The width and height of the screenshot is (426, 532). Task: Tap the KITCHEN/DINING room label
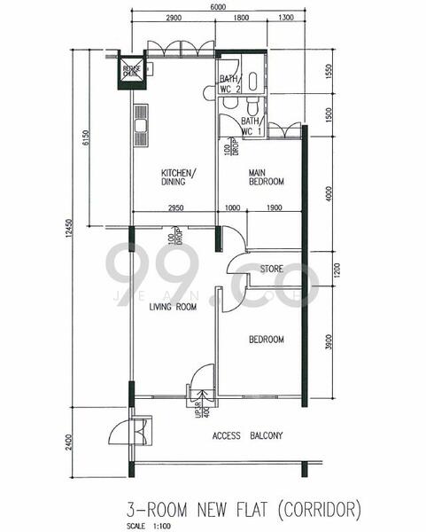[x=178, y=177]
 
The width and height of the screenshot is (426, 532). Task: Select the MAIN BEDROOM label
[x=266, y=176]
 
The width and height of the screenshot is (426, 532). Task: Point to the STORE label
[x=271, y=269]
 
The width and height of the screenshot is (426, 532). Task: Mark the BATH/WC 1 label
[x=251, y=126]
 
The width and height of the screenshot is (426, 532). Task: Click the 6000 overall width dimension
[x=216, y=6]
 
